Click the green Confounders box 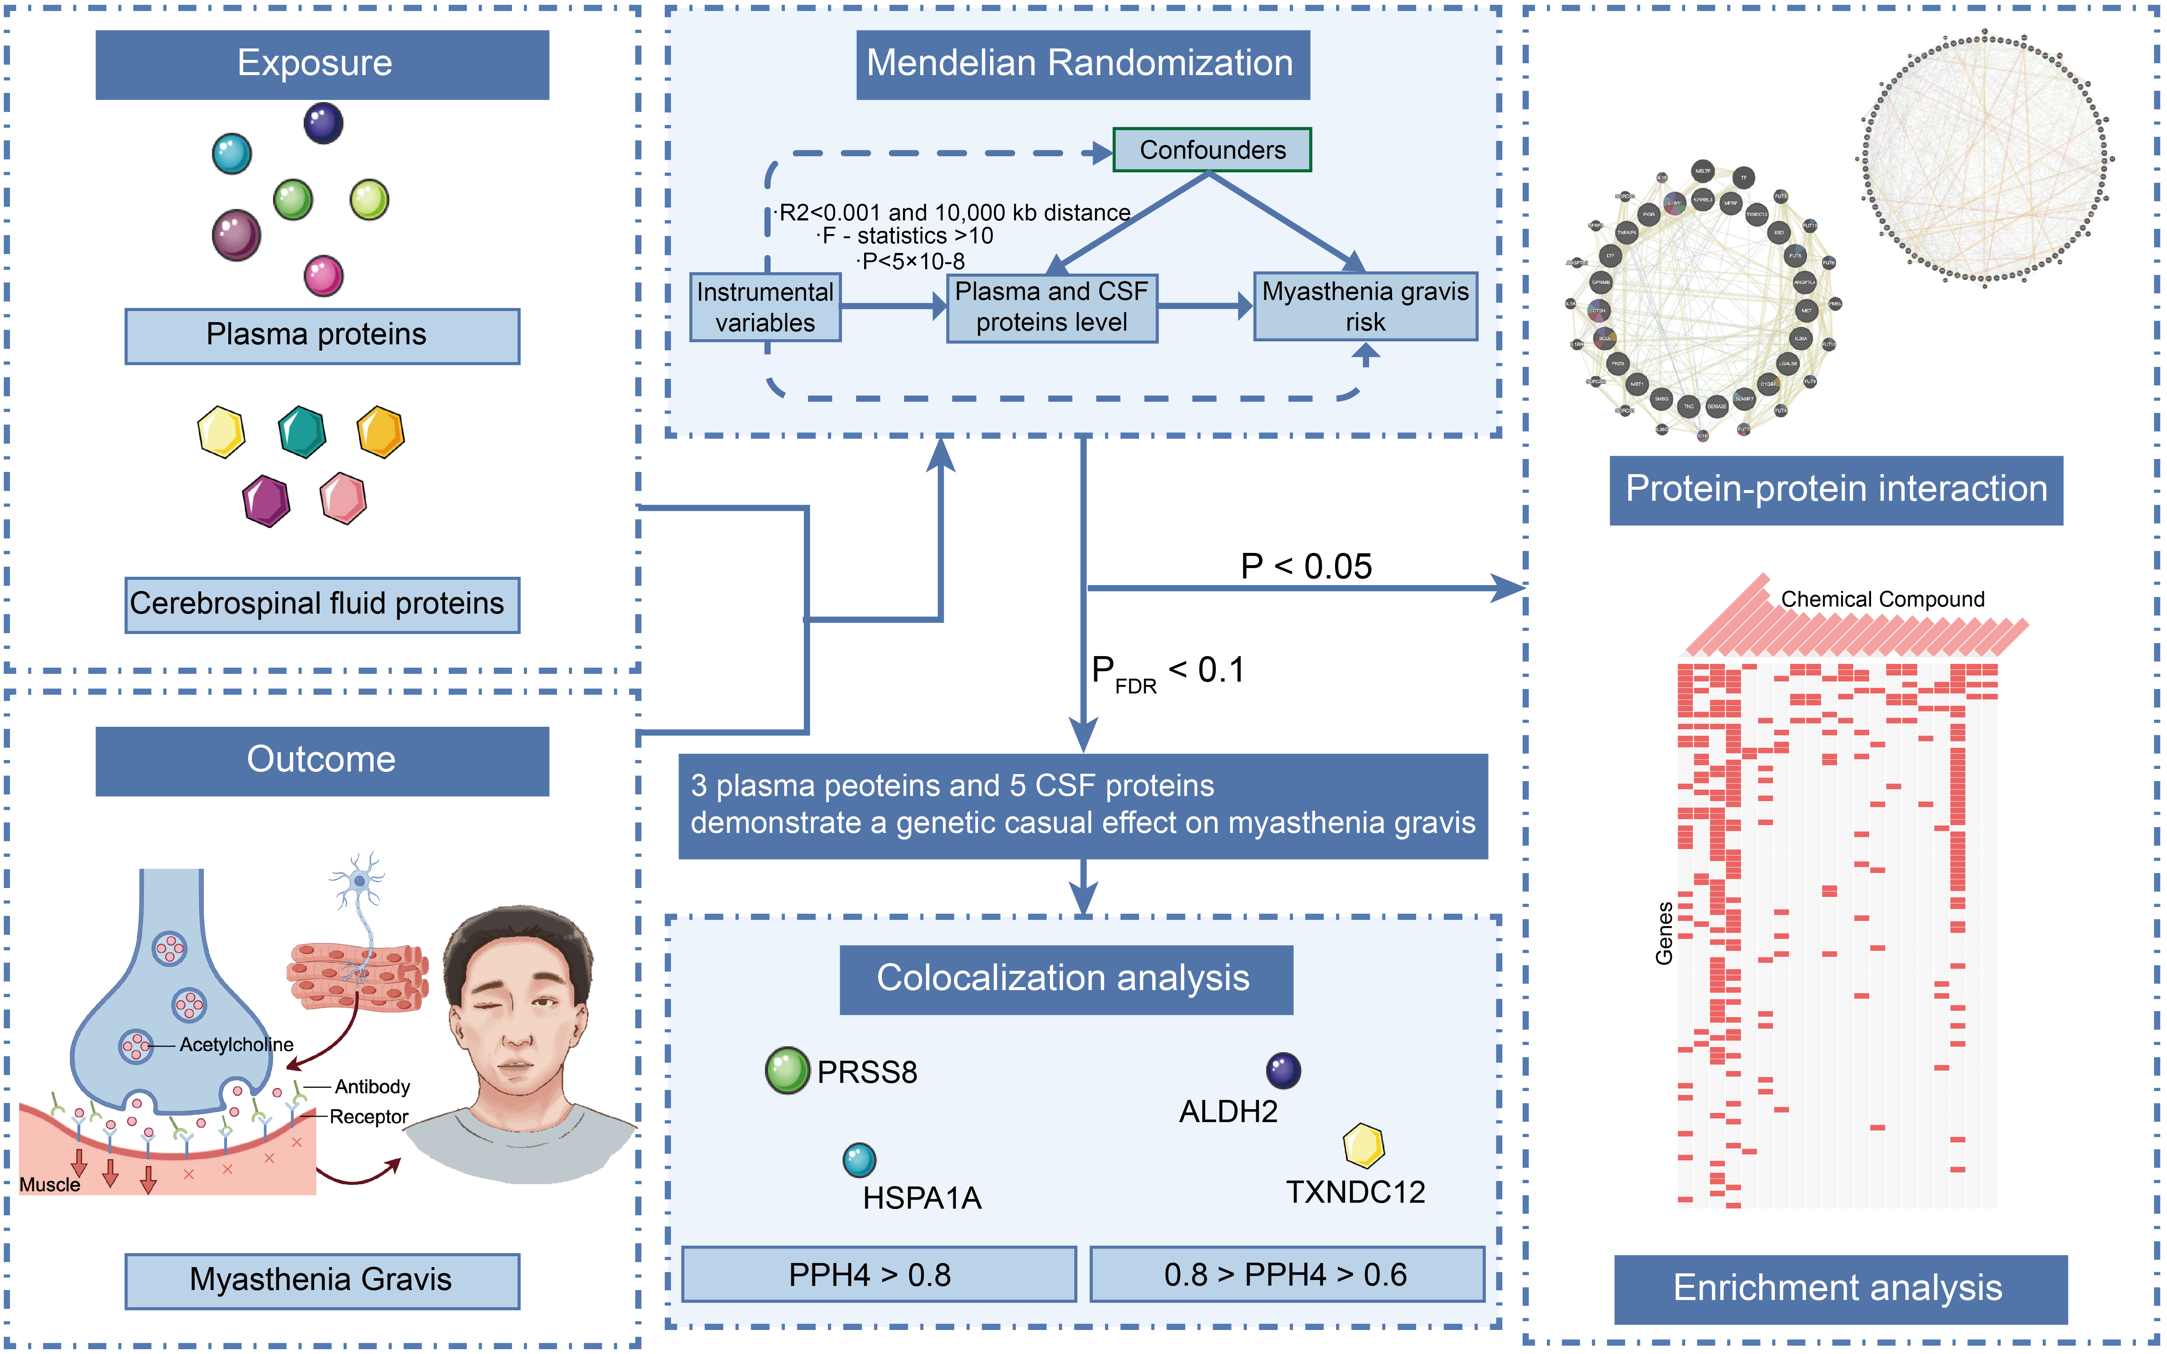[1211, 149]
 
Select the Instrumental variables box [765, 307]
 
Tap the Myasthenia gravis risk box [1365, 306]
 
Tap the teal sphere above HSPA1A [859, 1160]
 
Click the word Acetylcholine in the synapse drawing [236, 1044]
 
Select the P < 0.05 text [1305, 566]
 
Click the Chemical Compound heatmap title [1882, 599]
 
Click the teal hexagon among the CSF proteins [302, 432]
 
